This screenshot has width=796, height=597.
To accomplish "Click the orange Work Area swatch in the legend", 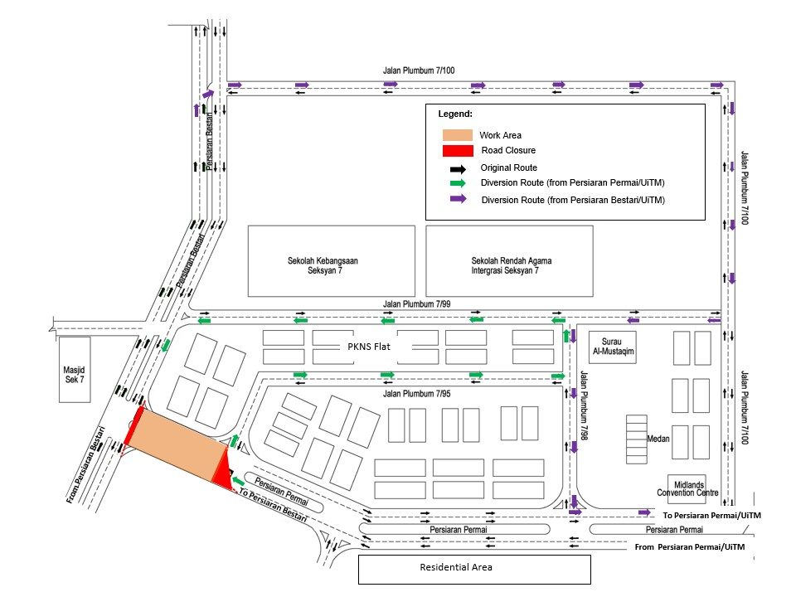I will pos(457,134).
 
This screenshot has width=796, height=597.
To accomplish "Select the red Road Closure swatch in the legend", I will pos(457,150).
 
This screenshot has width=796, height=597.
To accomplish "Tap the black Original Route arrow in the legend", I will pos(457,167).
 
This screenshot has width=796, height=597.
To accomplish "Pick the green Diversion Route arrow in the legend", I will pos(457,183).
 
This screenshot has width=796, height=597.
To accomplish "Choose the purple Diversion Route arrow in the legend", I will pos(457,199).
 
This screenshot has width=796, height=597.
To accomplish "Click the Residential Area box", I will pos(473,568).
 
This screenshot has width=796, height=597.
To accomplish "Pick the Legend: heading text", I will pos(455,114).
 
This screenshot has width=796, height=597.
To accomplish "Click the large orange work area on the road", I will pos(178,443).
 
